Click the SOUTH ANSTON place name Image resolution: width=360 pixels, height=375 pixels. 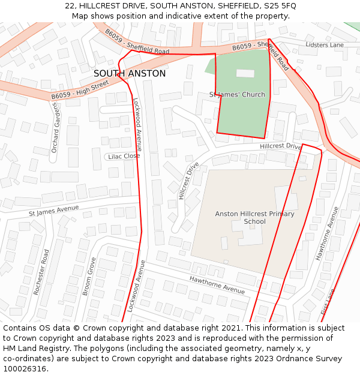tap(130, 73)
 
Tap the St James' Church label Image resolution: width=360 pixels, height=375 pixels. tap(237, 95)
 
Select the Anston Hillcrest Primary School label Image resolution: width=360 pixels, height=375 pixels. tap(254, 217)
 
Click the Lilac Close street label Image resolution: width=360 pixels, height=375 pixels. tap(123, 156)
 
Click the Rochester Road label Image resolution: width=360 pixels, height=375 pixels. tap(41, 272)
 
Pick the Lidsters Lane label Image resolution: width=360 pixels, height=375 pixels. tap(325, 45)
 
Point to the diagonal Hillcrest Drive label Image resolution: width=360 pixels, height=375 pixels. tap(188, 181)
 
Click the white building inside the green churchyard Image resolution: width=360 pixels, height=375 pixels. tap(245, 73)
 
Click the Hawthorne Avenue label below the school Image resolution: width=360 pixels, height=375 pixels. tap(217, 284)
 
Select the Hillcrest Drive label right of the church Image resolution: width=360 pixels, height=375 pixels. tap(280, 146)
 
